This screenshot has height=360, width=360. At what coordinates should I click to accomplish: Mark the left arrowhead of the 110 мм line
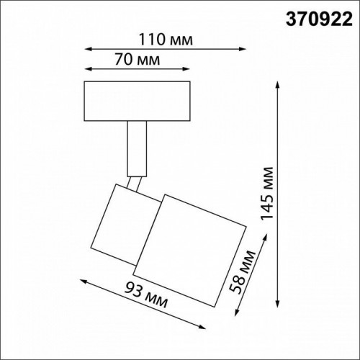coord(87,49)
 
